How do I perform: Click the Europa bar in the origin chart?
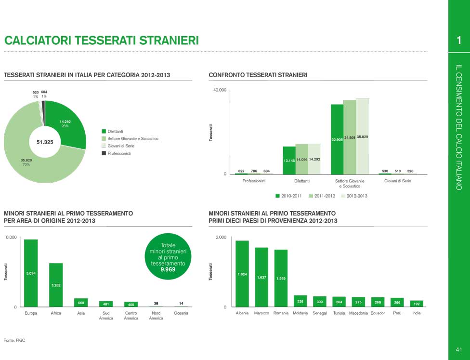31,273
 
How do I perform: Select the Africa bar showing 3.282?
56,285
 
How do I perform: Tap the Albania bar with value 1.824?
242,273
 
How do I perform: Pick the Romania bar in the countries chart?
281,278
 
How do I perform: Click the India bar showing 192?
417,304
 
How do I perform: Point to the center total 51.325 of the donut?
45,142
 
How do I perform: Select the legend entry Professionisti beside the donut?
119,153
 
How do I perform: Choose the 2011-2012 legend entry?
325,196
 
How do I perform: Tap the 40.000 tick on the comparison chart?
220,90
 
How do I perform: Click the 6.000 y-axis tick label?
12,238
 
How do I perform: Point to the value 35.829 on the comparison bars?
362,137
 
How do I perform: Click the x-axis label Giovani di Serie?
398,181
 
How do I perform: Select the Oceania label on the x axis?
181,313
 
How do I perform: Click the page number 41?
459,349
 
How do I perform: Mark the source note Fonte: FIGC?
14,340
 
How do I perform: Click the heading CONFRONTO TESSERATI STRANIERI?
258,75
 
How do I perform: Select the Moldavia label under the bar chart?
300,313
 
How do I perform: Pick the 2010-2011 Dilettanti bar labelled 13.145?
289,160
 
